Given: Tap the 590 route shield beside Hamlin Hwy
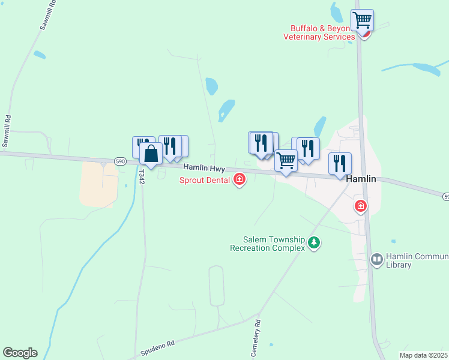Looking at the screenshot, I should [x=121, y=161].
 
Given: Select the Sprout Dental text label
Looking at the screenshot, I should [x=205, y=180].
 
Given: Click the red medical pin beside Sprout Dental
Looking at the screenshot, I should [x=240, y=179].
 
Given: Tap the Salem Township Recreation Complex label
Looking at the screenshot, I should [x=267, y=243].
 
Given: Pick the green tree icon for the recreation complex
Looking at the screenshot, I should [x=313, y=242].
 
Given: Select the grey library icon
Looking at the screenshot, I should [x=377, y=260].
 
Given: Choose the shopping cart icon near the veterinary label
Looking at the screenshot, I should [x=363, y=20].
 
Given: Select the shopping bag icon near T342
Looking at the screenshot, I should [x=151, y=154].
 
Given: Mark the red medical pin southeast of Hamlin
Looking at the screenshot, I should [x=361, y=206].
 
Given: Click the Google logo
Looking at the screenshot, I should [x=20, y=353].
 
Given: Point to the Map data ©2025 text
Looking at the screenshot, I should [x=424, y=355].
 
